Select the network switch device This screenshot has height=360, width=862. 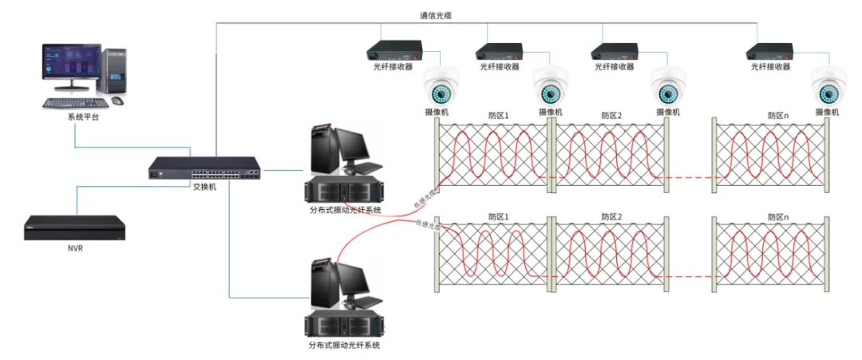click(x=204, y=168)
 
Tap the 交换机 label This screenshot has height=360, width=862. click(x=204, y=187)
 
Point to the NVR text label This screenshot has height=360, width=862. click(x=74, y=249)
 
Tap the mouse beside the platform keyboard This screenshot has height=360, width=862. click(x=117, y=101)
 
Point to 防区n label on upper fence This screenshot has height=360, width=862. click(x=778, y=116)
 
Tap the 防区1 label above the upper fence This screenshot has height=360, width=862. click(x=498, y=116)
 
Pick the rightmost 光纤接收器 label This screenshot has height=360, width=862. click(x=770, y=68)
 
